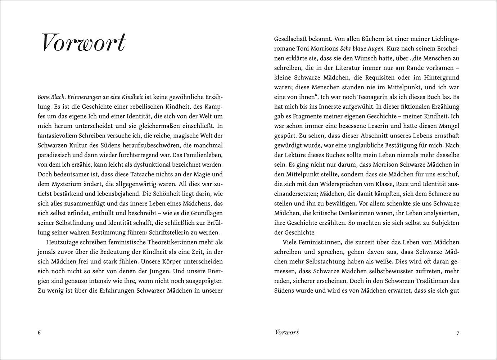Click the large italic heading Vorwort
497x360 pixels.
click(84, 43)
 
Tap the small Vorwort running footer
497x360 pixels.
click(286, 332)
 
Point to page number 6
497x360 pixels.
click(39, 333)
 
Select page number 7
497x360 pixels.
click(458, 333)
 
